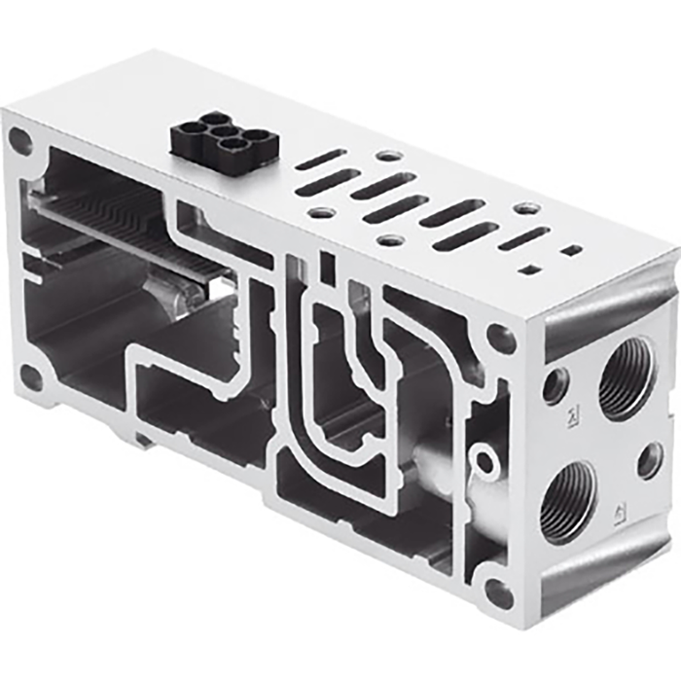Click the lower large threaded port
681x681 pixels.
pos(568,500)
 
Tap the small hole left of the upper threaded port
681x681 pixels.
pos(556,386)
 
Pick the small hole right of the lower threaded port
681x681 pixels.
pos(650,460)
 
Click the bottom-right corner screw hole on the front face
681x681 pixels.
pos(498,591)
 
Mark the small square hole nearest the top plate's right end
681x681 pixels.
pos(573,250)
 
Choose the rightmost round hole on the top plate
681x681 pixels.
pos(526,208)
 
